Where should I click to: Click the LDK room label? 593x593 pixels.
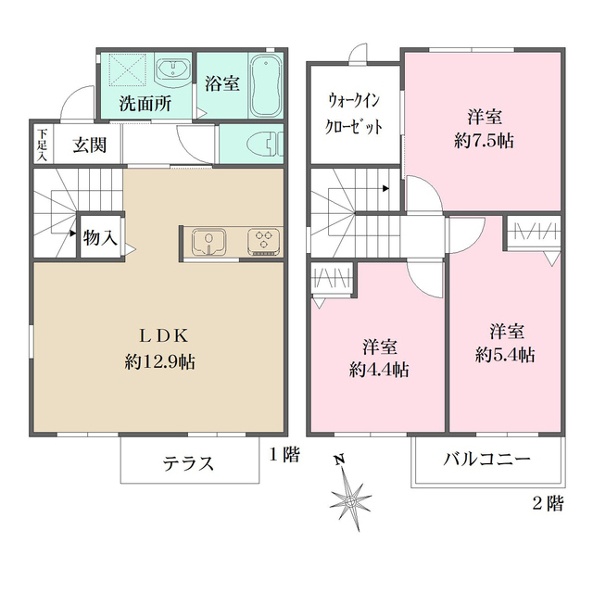point(159,334)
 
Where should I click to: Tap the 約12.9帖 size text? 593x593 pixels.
point(159,361)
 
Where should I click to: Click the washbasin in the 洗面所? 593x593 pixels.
point(174,69)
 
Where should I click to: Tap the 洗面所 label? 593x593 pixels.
point(145,104)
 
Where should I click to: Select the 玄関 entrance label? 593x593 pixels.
point(90,145)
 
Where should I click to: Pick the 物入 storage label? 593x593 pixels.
point(100,237)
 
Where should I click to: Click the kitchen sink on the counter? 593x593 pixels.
point(210,242)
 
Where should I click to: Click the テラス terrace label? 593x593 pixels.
point(189,462)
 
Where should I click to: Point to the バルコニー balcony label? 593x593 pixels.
point(486,460)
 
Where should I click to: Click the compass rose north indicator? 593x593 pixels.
point(351,496)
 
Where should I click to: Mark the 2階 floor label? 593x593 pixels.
point(548,504)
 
